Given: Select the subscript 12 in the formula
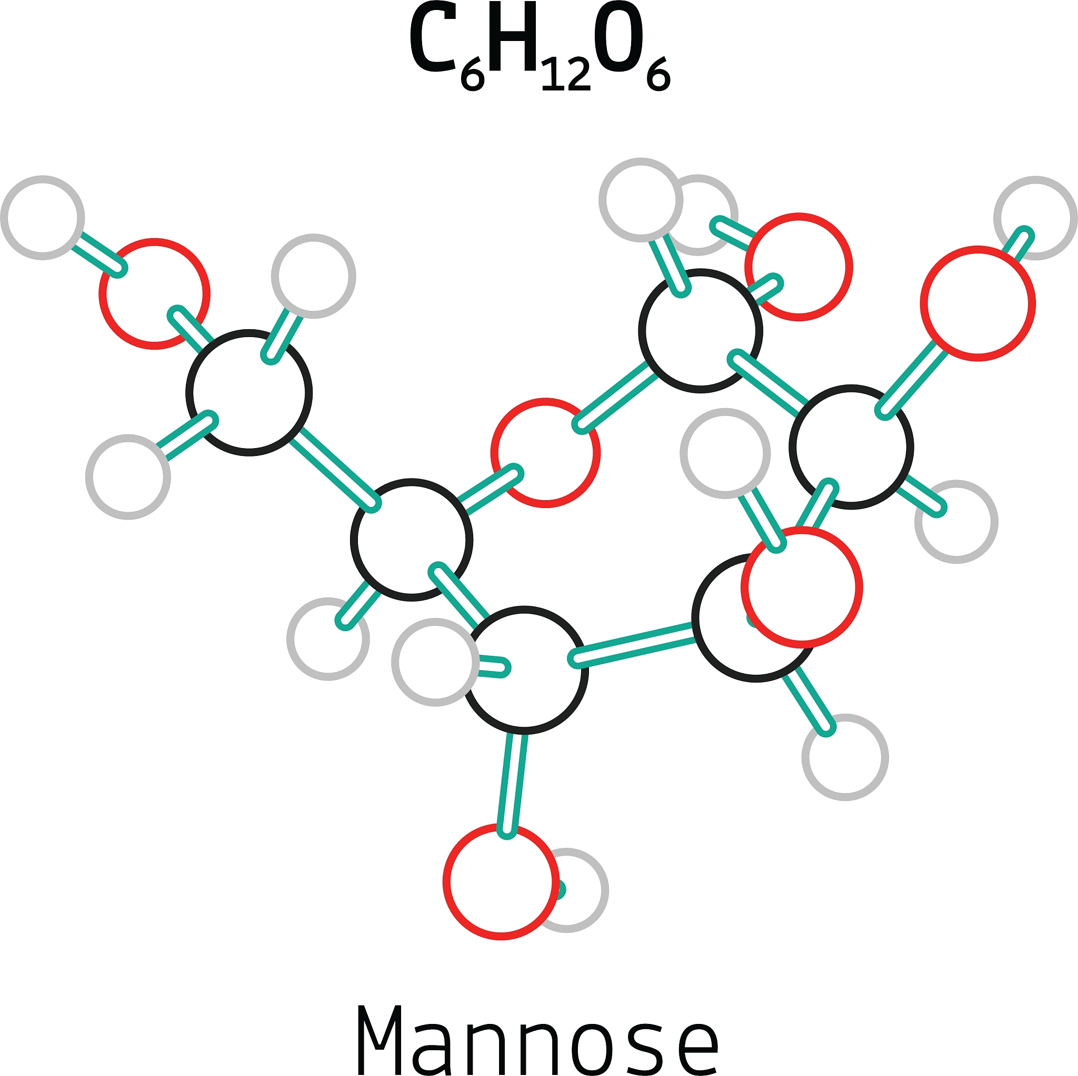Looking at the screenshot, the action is point(565,75).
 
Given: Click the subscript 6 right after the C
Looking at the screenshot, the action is point(473,75).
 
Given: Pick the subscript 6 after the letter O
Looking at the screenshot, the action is point(658,75).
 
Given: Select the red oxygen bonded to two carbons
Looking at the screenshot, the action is point(545,453).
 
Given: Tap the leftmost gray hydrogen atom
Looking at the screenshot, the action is point(43,217).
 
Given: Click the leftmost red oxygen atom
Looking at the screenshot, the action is point(155,294).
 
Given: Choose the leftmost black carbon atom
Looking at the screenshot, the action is point(249,393).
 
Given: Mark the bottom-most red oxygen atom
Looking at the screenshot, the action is point(501,881).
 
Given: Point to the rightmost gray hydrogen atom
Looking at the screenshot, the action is point(1035,218).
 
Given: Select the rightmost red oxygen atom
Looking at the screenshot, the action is point(977,303).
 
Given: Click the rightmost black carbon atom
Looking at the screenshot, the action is point(851,447).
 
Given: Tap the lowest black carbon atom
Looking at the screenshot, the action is point(524,670).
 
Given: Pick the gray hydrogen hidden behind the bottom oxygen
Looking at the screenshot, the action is point(580,890).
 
